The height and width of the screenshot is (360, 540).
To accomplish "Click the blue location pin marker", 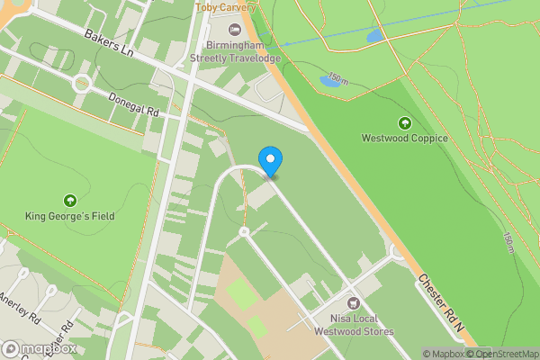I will point(270,161).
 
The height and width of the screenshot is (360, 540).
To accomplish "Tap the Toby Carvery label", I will point(224,7).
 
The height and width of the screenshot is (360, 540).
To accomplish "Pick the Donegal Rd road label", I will point(133,105).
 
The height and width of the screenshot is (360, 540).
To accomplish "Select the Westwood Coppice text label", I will point(404,139).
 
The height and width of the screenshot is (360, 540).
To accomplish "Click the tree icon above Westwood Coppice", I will point(404,122).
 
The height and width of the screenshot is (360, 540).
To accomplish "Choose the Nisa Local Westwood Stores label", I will point(354,325).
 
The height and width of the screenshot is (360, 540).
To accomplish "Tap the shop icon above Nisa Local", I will point(354,302).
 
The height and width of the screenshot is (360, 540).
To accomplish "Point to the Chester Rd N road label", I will point(440,307).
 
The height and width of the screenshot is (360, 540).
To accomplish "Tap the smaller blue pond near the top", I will point(373,37).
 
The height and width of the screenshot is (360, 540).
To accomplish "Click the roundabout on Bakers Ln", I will point(83,84).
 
